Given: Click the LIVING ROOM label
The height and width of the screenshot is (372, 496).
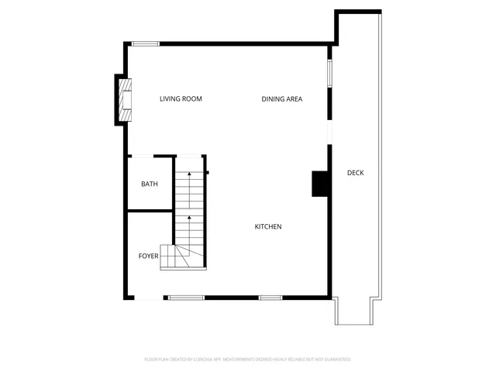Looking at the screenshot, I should tap(181, 98).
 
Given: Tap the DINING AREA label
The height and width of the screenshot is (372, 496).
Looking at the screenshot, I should tap(281, 98).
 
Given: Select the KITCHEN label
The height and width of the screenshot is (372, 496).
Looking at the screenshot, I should tap(268, 226).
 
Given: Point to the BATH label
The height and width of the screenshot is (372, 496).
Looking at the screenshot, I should tap(149, 184).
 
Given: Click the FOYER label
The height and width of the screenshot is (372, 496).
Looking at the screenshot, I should tap(148, 256).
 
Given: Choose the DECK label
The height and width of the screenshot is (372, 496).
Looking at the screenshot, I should tap(355, 172).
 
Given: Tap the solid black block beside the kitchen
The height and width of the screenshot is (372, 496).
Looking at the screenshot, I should tap(319, 184).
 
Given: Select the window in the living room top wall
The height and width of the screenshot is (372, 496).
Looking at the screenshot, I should tap(145, 43).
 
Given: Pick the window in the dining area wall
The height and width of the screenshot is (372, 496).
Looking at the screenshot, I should tap(329, 73).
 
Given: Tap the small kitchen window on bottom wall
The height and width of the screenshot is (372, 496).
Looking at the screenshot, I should tap(270, 298).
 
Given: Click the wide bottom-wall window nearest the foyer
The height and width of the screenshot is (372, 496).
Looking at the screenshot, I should tap(186, 298).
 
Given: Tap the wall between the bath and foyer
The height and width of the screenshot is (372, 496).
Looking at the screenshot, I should tap(149, 210).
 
